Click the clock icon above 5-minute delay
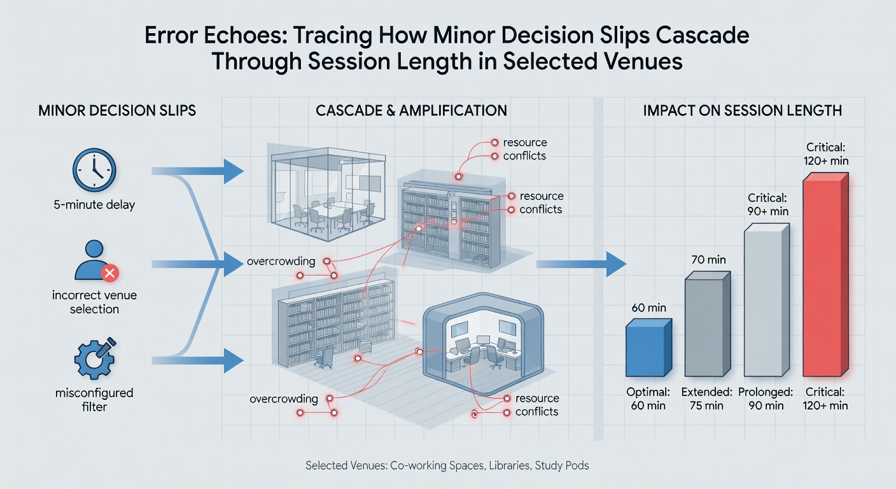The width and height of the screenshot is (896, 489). pyautogui.click(x=94, y=170)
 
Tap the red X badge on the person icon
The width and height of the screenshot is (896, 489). pyautogui.click(x=109, y=273)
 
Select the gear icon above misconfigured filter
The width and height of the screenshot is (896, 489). pyautogui.click(x=95, y=358)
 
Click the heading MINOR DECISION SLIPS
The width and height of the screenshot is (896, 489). pyautogui.click(x=117, y=110)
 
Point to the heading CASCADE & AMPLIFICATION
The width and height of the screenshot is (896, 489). pyautogui.click(x=411, y=110)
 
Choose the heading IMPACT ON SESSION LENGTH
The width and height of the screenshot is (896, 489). pyautogui.click(x=743, y=110)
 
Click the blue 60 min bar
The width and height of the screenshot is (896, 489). pyautogui.click(x=648, y=348)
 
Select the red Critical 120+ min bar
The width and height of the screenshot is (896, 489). pyautogui.click(x=825, y=274)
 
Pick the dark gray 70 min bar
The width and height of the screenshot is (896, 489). pyautogui.click(x=708, y=324)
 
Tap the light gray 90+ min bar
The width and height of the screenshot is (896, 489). pyautogui.click(x=767, y=300)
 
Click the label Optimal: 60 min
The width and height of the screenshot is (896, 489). pyautogui.click(x=648, y=399)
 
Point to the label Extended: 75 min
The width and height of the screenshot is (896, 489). pyautogui.click(x=707, y=399)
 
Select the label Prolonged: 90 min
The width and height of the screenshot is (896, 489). pyautogui.click(x=766, y=399)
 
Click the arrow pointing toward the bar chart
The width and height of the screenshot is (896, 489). pyautogui.click(x=581, y=264)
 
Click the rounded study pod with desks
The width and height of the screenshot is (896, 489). pyautogui.click(x=483, y=338)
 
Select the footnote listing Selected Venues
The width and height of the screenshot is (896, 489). pyautogui.click(x=447, y=465)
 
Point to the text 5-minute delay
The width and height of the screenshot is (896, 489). pyautogui.click(x=94, y=205)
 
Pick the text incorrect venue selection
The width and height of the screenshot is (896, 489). pyautogui.click(x=94, y=302)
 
